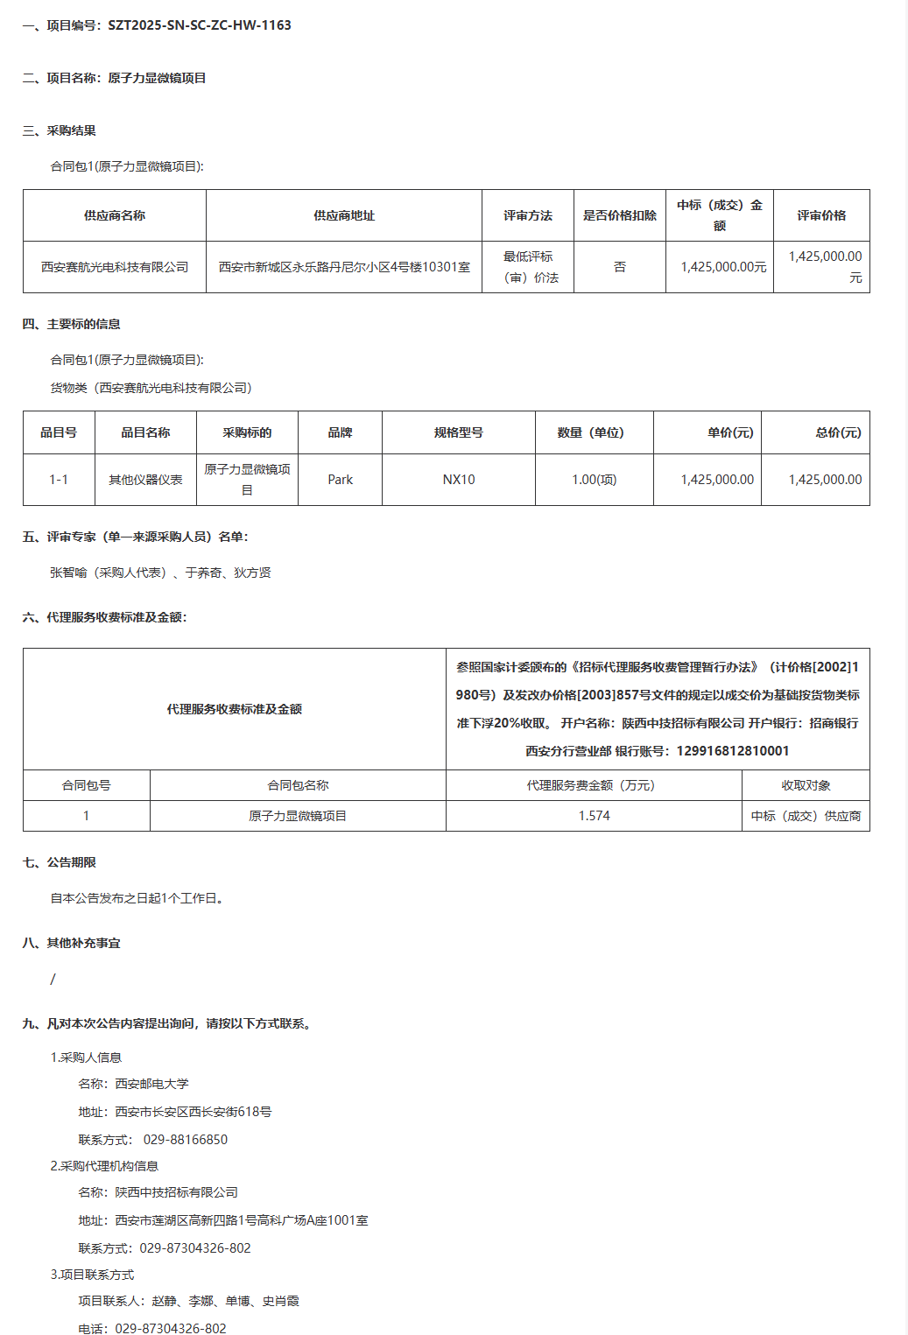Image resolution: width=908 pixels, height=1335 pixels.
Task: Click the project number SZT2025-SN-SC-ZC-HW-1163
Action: (199, 25)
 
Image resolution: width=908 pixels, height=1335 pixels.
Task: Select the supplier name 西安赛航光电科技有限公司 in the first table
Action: (115, 267)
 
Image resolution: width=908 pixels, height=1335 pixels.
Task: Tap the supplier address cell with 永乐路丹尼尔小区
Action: (344, 267)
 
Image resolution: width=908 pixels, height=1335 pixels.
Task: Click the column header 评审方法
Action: (527, 215)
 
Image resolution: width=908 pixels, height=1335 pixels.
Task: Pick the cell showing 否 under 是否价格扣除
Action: (620, 267)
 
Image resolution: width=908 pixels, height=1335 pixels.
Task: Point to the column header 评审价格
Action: (821, 215)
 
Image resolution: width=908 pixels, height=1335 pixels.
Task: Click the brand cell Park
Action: (340, 480)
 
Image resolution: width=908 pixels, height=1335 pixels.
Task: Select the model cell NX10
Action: (459, 480)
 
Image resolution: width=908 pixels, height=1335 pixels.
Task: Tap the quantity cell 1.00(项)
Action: (594, 480)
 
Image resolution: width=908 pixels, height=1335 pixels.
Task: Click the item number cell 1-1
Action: (59, 480)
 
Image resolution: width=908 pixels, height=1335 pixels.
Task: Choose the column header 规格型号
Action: (459, 432)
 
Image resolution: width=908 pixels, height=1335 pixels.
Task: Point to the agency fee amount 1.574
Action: (594, 816)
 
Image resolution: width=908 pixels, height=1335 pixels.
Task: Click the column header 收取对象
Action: (806, 785)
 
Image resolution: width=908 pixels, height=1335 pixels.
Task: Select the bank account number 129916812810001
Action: (733, 751)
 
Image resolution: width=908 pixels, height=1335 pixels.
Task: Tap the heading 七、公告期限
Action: (60, 862)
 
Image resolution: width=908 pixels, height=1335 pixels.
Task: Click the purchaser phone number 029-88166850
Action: (186, 1140)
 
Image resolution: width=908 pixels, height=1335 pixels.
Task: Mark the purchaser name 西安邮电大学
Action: (151, 1084)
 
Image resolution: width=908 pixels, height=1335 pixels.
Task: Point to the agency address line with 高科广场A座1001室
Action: (241, 1220)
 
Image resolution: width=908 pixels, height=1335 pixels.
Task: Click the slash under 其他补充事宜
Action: (53, 979)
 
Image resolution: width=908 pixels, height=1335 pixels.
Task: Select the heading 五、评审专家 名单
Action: (136, 537)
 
